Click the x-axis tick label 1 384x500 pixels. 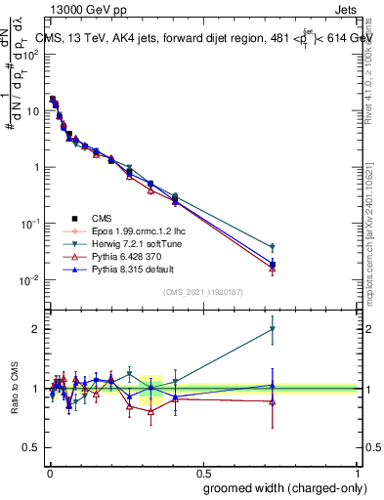pos(359,472)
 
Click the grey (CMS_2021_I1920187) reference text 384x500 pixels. pos(202,292)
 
